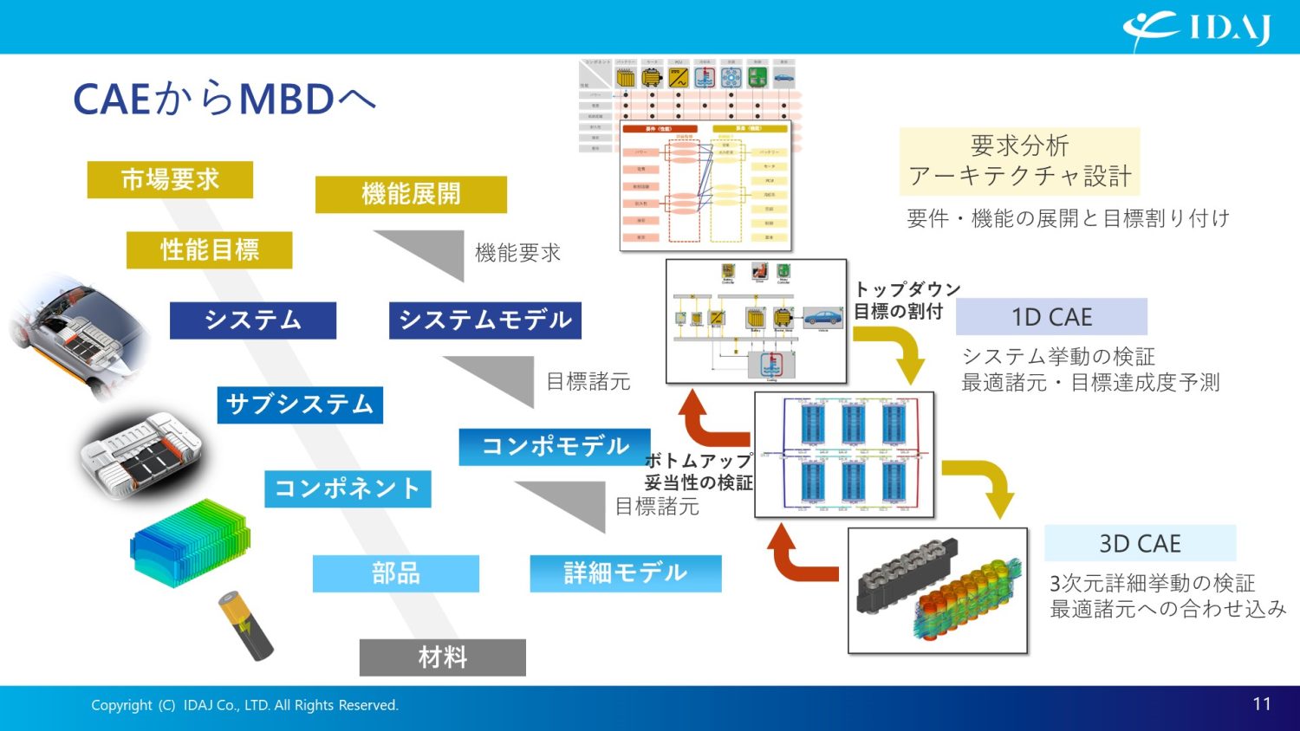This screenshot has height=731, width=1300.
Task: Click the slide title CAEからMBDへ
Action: tap(224, 100)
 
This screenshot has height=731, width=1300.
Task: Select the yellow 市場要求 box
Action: tap(170, 179)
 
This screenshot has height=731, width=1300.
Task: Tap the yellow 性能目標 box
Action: tap(209, 250)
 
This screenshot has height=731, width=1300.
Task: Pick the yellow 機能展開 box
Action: tap(411, 194)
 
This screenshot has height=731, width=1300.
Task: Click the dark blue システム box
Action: tap(252, 320)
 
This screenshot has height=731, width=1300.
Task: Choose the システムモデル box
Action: tap(484, 320)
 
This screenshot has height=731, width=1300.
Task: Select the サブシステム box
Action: tap(299, 404)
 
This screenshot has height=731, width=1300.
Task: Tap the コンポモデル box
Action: tap(555, 447)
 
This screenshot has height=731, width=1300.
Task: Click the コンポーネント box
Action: tap(347, 489)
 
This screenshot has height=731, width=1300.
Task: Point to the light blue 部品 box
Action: tap(395, 573)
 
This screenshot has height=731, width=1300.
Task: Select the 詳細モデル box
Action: tap(625, 573)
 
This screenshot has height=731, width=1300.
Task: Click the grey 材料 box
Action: tap(442, 657)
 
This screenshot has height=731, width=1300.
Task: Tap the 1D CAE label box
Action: tap(1051, 317)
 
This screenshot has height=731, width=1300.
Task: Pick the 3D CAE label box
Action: tap(1140, 544)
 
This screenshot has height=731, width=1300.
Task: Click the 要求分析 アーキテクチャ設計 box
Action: tap(1019, 161)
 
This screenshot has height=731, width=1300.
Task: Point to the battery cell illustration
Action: tap(245, 625)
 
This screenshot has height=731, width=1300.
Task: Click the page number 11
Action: tap(1262, 704)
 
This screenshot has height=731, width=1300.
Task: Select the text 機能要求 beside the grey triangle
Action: tap(517, 253)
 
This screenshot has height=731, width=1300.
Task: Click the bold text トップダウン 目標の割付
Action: tap(907, 301)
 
